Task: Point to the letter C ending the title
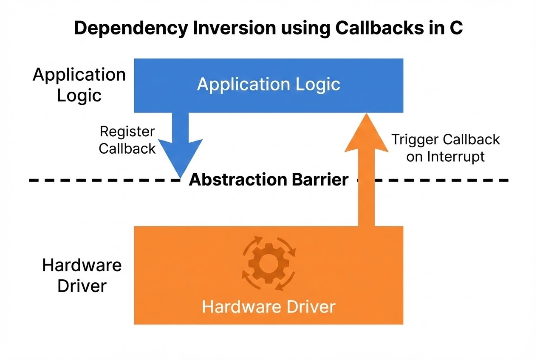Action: point(456,28)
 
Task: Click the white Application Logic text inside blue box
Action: point(268,84)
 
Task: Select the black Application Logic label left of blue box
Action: point(79,85)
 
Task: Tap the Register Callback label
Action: point(127,140)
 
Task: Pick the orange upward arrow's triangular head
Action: point(366,134)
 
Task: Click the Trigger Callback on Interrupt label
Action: point(445,148)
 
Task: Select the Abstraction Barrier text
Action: point(268,180)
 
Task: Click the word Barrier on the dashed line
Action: point(320,180)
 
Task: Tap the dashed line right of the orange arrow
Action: point(442,180)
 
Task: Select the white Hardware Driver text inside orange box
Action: point(268,307)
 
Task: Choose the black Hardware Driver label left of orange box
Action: point(82,276)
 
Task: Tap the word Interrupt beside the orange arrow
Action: point(456,157)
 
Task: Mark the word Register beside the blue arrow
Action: point(127,131)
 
